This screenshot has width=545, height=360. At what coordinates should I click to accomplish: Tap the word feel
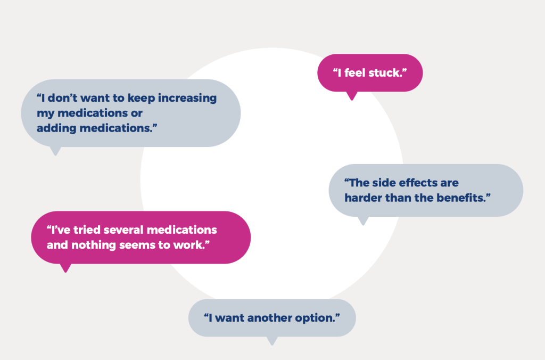pyautogui.click(x=354, y=73)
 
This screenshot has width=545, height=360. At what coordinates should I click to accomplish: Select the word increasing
pyautogui.click(x=187, y=99)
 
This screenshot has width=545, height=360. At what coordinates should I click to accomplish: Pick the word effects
pyautogui.click(x=418, y=183)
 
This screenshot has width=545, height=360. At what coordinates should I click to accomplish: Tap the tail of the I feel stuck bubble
pyautogui.click(x=352, y=96)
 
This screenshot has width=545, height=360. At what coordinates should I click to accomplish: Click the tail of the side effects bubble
pyautogui.click(x=363, y=221)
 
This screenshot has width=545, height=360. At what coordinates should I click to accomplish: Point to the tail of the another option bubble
pyautogui.click(x=272, y=341)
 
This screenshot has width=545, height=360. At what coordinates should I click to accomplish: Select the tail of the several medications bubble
pyautogui.click(x=65, y=268)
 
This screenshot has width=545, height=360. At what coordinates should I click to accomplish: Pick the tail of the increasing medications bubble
pyautogui.click(x=55, y=151)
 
